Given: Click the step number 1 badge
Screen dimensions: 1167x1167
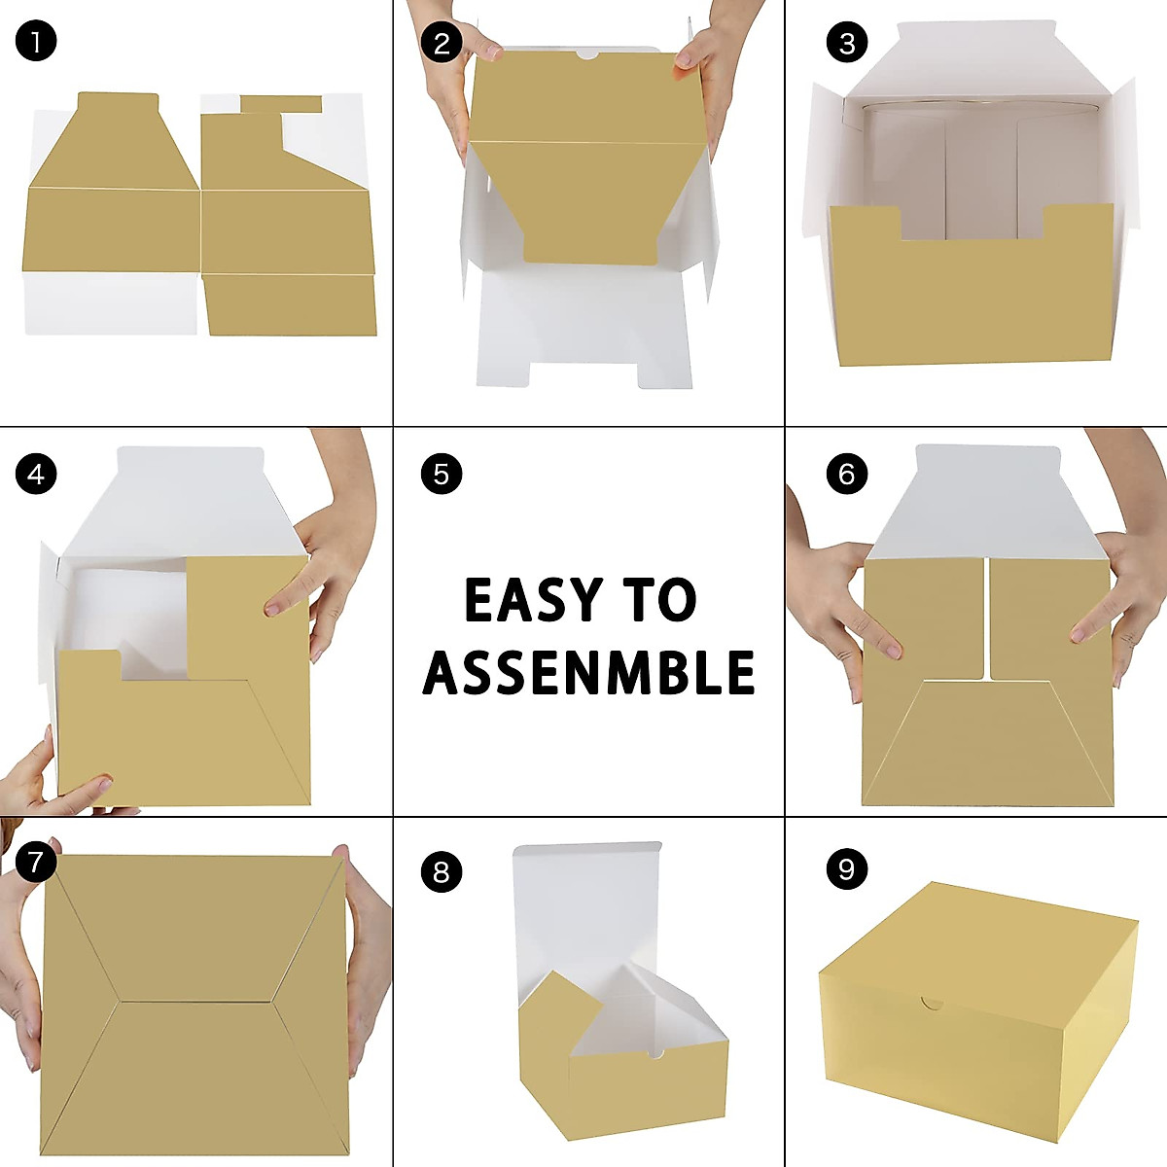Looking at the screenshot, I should [x=36, y=42].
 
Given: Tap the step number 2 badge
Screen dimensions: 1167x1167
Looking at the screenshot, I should [x=442, y=42].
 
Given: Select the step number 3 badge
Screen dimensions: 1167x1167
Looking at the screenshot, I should [x=846, y=42].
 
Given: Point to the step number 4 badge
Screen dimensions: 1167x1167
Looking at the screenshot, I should [x=36, y=474].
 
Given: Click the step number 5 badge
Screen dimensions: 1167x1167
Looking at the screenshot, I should [x=442, y=474].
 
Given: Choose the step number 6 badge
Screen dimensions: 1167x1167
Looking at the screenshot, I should [x=846, y=474].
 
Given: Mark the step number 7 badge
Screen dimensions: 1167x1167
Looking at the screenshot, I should [x=36, y=862].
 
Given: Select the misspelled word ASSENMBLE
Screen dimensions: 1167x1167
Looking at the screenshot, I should [x=588, y=672].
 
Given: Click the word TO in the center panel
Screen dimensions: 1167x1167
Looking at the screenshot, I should [x=661, y=600].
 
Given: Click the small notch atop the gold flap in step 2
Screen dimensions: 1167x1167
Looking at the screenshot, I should [x=588, y=57].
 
